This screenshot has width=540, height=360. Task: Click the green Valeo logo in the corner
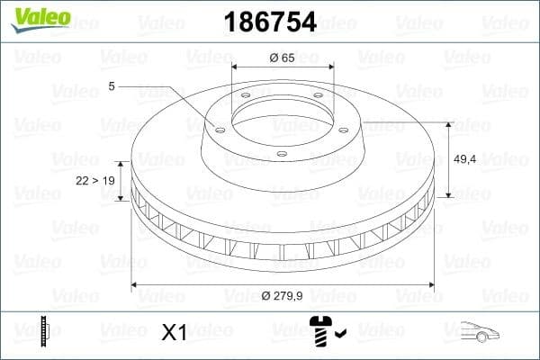pos(39,18)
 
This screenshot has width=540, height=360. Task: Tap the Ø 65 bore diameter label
pos(283,57)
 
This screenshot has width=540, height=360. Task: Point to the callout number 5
pos(111,86)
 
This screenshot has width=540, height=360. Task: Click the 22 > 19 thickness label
pos(95,181)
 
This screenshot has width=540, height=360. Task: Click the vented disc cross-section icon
pos(42,332)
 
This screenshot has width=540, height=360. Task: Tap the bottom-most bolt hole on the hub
pos(281,155)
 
